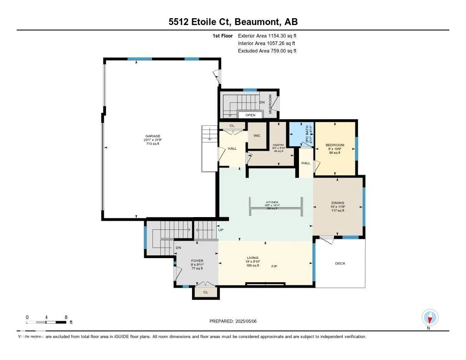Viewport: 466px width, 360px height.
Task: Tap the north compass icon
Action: click(430, 317)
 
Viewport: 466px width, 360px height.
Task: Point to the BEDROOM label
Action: click(334, 145)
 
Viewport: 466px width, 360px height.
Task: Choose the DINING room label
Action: click(338, 203)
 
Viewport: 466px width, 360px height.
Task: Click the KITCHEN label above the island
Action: click(272, 203)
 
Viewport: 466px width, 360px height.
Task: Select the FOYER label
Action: click(197, 261)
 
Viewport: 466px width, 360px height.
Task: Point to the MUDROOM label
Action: click(270, 104)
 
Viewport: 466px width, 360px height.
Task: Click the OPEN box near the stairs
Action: click(250, 115)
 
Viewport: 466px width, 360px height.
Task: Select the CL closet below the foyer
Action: click(205, 293)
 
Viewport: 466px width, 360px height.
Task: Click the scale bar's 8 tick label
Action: click(66, 317)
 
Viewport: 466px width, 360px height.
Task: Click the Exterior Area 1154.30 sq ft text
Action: click(267, 35)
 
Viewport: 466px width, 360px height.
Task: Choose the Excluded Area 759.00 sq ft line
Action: click(267, 51)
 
